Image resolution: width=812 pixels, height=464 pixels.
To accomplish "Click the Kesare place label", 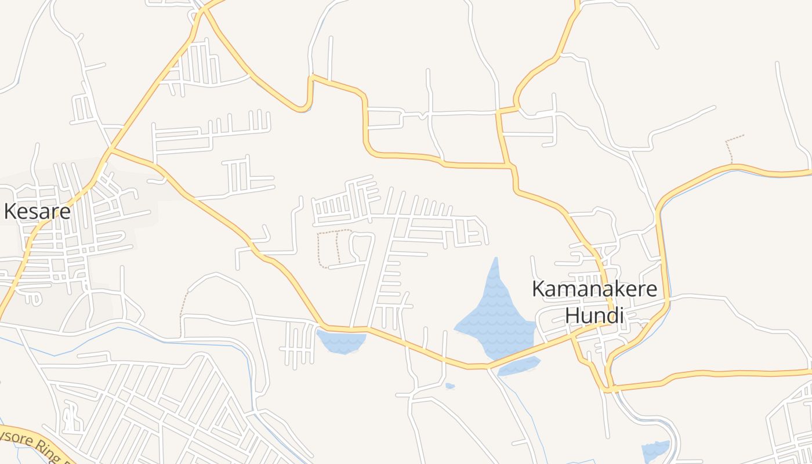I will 37,212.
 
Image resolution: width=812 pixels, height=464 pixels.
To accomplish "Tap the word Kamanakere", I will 594,289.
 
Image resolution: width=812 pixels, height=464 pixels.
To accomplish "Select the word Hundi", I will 594,316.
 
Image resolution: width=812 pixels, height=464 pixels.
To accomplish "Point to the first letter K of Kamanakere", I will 539,289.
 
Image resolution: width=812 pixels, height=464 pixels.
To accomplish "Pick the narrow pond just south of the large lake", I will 519,366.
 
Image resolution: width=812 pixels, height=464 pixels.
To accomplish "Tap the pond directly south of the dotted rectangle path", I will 341,341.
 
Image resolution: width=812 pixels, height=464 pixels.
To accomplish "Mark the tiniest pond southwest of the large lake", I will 450,386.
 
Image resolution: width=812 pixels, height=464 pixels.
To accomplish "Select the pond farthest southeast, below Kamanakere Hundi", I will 655,451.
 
